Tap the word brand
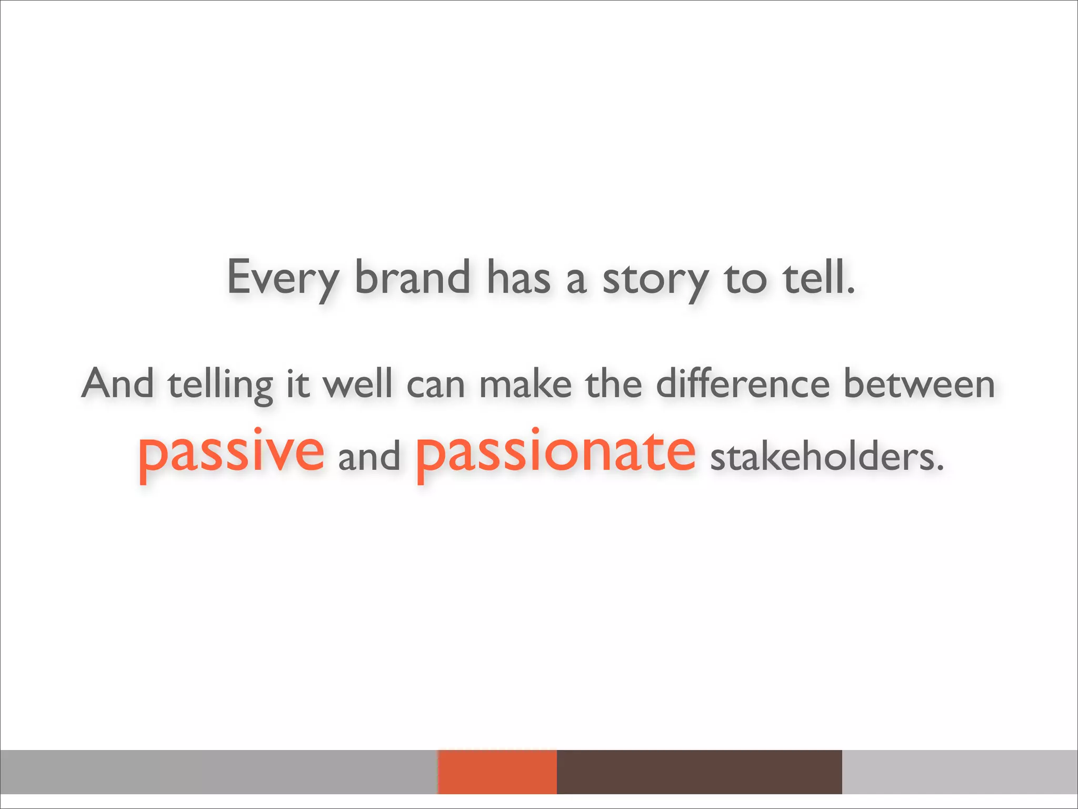pos(412,277)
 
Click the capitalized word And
pos(118,383)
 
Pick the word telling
pos(221,386)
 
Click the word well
pos(357,383)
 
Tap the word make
pos(525,384)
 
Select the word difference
pos(743,383)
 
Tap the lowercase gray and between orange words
pos(369,456)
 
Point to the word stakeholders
pos(826,456)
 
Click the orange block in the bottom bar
pos(497,772)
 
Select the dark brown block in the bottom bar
pos(699,772)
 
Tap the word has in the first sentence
pos(518,278)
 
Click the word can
pos(435,386)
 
